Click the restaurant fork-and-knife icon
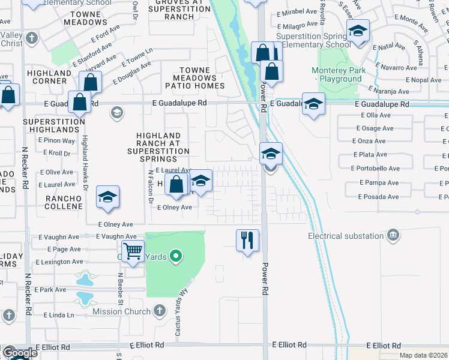tap(247, 240)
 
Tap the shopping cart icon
tap(133, 250)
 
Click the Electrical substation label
tap(345, 236)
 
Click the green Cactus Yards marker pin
tap(176, 257)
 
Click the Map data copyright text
tap(424, 355)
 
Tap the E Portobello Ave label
tap(375, 169)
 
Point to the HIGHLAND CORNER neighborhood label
tap(47, 77)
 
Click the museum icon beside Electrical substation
tap(393, 233)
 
